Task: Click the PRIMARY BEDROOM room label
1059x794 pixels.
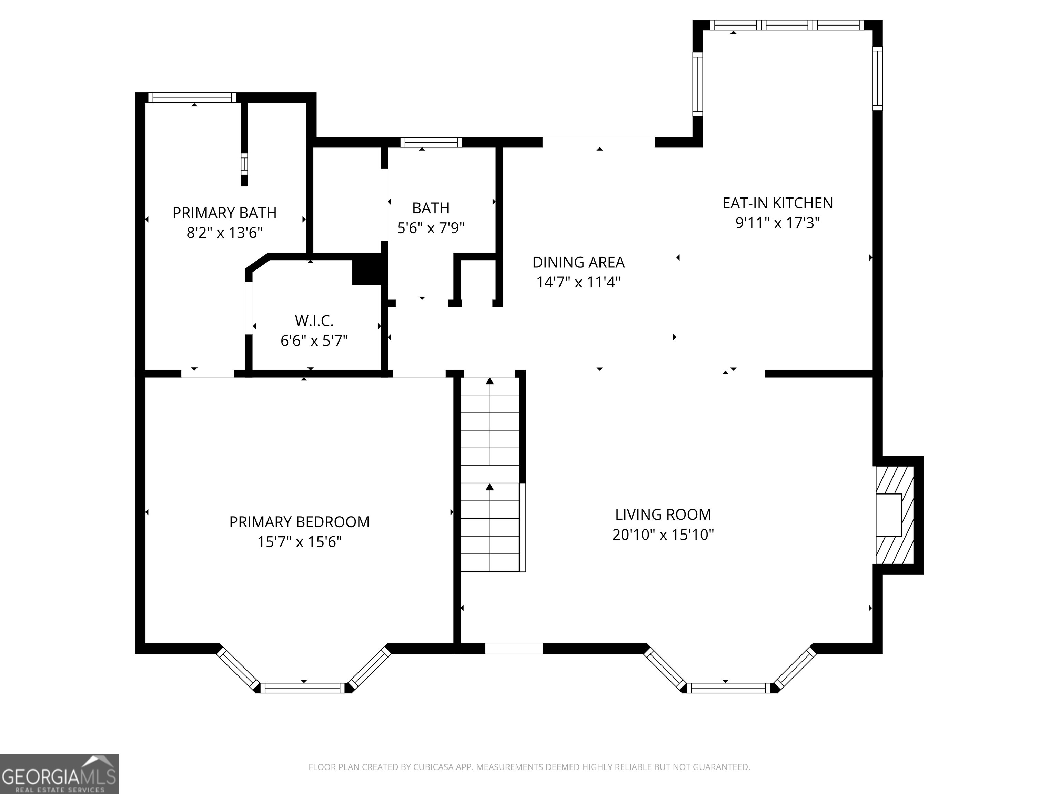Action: (x=299, y=522)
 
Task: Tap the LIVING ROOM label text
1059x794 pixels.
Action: (x=663, y=515)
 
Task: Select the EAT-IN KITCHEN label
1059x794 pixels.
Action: (x=777, y=203)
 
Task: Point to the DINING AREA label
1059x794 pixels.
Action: (x=578, y=262)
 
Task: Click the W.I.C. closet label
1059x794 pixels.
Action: (x=314, y=320)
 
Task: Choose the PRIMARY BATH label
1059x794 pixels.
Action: (x=224, y=213)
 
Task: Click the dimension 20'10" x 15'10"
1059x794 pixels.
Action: (x=663, y=534)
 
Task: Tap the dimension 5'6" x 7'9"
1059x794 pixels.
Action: (x=431, y=228)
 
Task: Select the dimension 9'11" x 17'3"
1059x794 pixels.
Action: (x=777, y=223)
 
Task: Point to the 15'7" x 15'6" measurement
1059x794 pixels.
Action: (x=299, y=542)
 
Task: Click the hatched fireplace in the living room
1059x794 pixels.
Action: (x=894, y=515)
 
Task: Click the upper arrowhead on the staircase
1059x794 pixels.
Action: (x=490, y=381)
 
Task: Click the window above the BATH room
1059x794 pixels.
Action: (x=431, y=142)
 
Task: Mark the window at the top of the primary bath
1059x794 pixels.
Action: (x=192, y=98)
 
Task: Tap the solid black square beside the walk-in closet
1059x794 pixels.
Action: (x=367, y=272)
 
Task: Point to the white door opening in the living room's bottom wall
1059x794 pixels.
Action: (x=514, y=649)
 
